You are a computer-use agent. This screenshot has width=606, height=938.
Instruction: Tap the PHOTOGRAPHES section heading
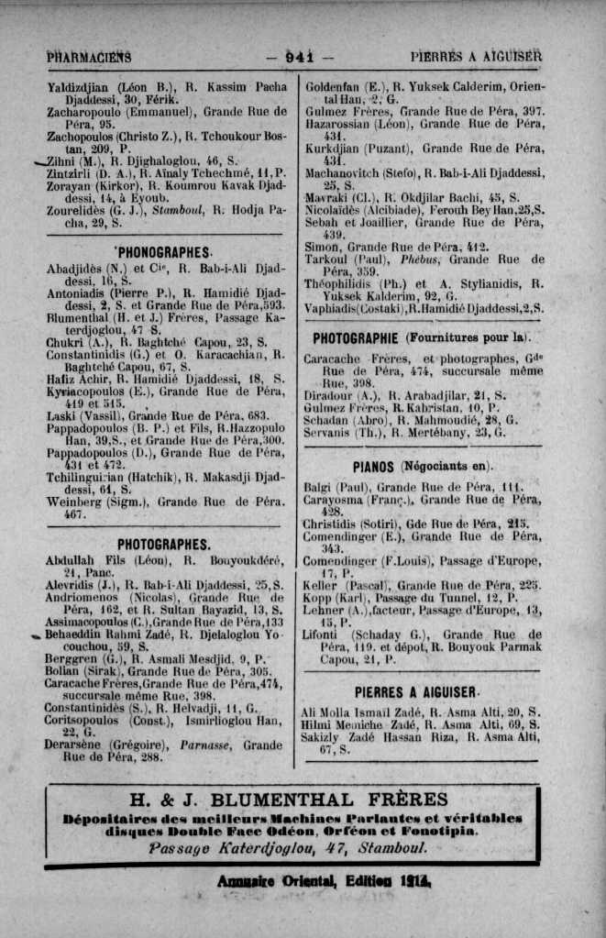[164, 543]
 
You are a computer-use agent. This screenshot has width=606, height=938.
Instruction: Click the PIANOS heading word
[372, 467]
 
